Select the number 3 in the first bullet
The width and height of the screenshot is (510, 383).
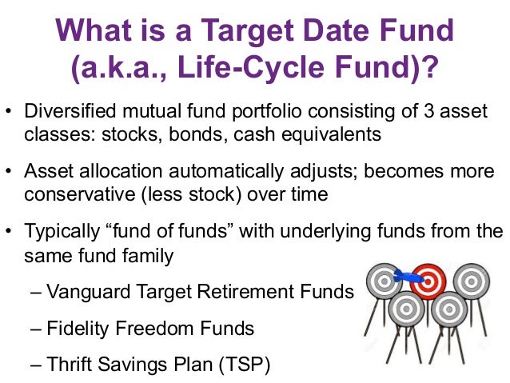428,111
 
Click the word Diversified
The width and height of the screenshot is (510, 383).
70,110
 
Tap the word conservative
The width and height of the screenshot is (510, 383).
80,195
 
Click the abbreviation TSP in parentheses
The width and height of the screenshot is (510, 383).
245,365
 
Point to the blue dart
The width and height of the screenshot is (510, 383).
408,277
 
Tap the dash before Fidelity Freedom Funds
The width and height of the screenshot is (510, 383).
36,329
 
